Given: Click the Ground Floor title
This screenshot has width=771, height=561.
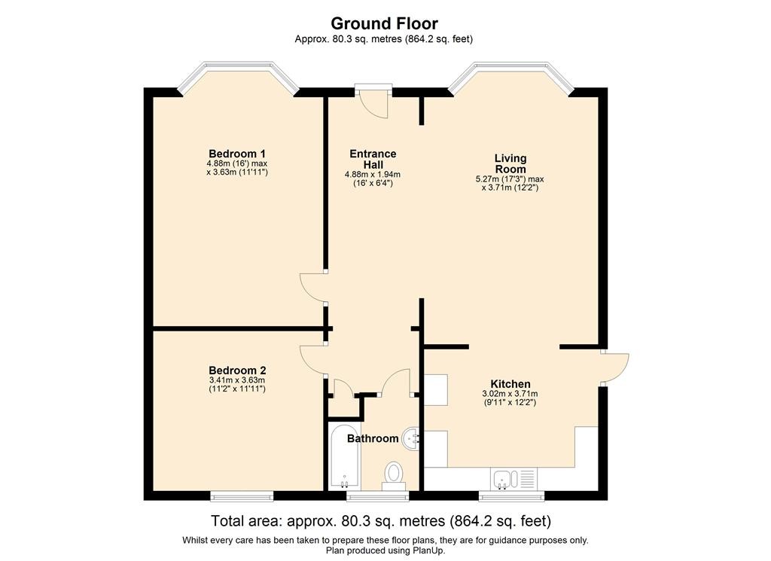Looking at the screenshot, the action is [384, 23].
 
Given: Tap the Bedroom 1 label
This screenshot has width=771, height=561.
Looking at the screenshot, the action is [237, 154].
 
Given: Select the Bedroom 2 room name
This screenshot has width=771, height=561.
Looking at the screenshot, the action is [237, 370].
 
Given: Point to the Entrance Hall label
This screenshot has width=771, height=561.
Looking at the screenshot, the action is [373, 159].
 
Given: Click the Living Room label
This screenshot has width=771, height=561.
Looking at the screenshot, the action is [510, 163].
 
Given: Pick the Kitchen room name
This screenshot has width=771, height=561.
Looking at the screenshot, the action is [510, 384].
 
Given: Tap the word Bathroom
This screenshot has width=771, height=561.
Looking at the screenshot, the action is [373, 438].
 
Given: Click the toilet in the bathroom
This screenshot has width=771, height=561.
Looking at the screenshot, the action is [394, 475].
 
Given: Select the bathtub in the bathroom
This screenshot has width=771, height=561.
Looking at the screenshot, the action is [344, 457].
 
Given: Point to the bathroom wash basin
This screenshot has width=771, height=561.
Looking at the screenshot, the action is [411, 438].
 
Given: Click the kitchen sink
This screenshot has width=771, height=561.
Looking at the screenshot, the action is [513, 478].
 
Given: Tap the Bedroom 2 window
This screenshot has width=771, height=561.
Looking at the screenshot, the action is [242, 495].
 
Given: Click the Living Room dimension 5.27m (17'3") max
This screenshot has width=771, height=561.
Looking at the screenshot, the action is [510, 179].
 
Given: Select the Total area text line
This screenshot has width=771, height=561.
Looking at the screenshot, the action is [381, 520].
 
